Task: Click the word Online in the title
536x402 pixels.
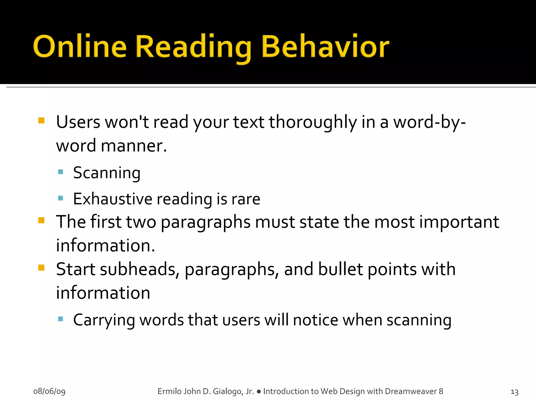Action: click(80, 47)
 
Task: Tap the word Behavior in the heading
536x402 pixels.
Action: click(325, 47)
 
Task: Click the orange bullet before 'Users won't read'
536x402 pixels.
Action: click(41, 120)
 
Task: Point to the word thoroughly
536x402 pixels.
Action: click(313, 122)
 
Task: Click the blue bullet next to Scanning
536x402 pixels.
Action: click(61, 172)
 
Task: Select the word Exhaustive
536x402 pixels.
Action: click(113, 199)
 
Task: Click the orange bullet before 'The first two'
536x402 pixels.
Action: click(41, 220)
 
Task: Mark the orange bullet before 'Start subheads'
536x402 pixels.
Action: click(41, 267)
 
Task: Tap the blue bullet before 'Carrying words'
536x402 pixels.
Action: click(61, 319)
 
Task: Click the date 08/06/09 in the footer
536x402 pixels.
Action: click(49, 391)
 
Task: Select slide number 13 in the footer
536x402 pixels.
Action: click(514, 392)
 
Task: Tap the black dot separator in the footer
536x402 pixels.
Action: click(259, 392)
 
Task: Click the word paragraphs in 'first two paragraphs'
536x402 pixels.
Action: click(206, 222)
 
